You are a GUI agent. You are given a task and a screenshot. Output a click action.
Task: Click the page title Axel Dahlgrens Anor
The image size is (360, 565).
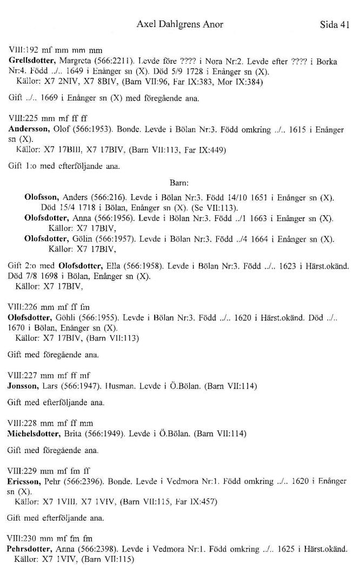(x=180, y=24)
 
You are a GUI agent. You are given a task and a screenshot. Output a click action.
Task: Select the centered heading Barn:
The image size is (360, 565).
(x=179, y=183)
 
